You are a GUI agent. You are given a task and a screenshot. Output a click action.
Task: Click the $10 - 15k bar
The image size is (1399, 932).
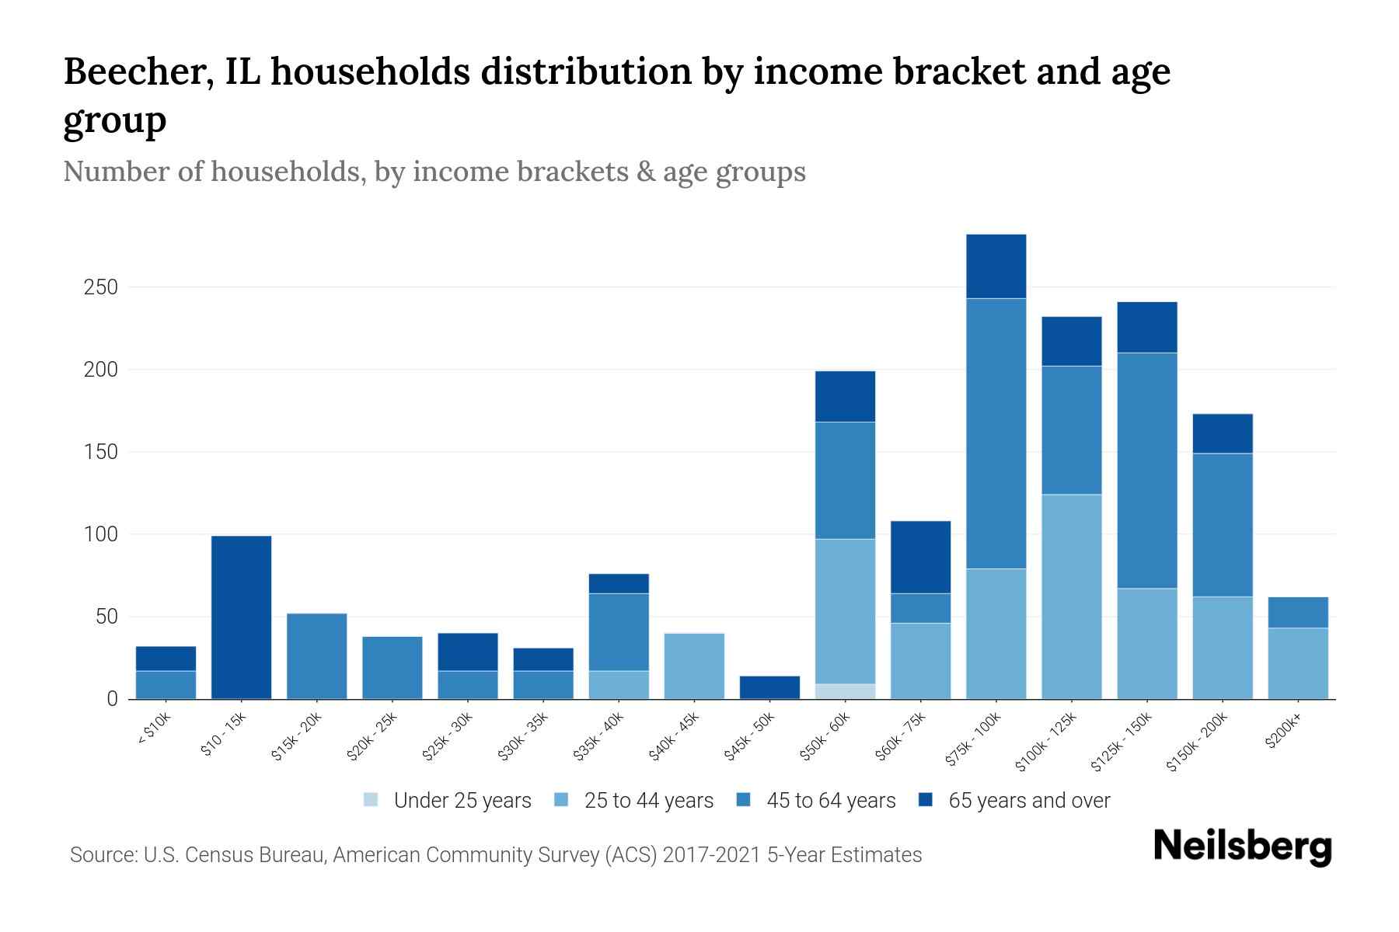pos(241,617)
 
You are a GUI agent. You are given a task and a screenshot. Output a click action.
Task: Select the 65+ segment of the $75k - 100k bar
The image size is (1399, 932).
pos(996,266)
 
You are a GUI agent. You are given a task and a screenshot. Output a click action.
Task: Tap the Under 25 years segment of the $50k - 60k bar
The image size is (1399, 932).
pos(845,691)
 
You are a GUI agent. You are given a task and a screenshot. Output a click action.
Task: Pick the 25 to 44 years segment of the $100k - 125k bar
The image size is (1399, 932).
pos(1071,596)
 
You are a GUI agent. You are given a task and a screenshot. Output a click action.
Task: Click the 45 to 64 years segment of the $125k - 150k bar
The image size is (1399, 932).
pos(1146,470)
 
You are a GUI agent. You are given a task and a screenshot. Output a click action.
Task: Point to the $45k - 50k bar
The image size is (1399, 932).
pos(769,687)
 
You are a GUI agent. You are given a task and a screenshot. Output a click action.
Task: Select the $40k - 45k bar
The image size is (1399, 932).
pos(694,666)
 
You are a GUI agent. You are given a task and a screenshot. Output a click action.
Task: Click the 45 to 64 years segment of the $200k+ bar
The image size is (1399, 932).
pos(1297,612)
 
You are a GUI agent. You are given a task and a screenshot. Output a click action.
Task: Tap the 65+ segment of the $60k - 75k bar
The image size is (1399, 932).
pos(920,557)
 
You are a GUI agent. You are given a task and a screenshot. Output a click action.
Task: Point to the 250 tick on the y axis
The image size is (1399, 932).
pos(101,287)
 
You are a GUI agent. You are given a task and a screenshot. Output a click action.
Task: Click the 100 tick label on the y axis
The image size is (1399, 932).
pos(101,534)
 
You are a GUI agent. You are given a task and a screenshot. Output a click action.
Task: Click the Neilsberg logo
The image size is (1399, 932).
pos(1242,847)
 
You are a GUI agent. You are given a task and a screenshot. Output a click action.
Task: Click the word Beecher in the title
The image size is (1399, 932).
pos(132,71)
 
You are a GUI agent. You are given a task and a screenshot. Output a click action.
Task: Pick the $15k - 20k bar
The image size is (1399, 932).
pos(316,656)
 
